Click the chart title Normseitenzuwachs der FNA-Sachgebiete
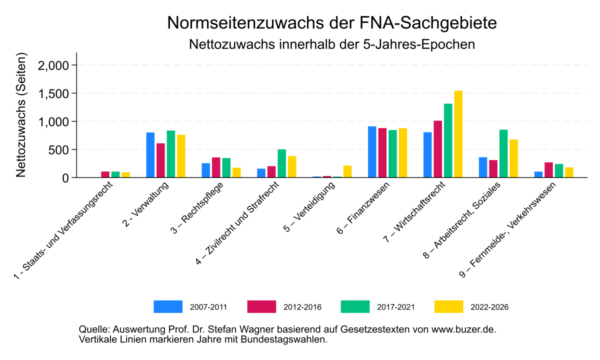(331, 23)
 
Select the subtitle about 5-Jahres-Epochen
(331, 44)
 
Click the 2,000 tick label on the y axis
(56, 65)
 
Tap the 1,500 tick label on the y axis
(56, 93)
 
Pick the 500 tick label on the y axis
(62, 149)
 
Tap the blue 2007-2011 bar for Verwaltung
(150, 155)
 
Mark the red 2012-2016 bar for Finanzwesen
(382, 153)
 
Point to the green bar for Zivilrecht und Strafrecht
(282, 163)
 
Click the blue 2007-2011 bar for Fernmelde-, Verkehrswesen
(538, 174)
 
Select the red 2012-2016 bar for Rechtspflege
(216, 167)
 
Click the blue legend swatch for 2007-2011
(168, 306)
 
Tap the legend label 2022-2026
(489, 307)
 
